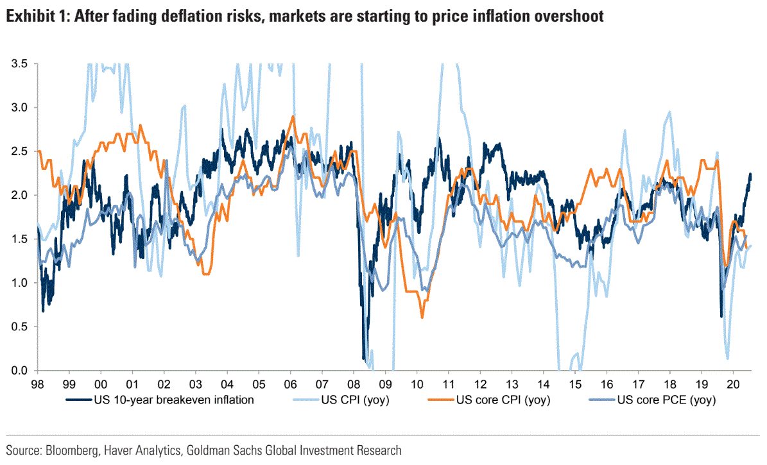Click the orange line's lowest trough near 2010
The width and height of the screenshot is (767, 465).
pyautogui.click(x=422, y=317)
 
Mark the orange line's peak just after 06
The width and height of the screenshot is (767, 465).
pyautogui.click(x=293, y=117)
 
